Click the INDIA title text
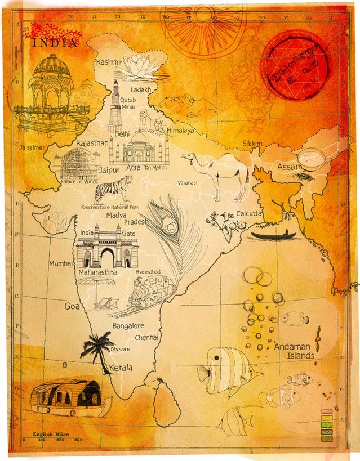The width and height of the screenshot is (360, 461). coord(55,43)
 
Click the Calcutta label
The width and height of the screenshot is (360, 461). coord(248,214)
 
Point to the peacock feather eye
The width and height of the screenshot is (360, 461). coord(168,226)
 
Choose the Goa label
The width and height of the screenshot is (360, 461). coord(72,307)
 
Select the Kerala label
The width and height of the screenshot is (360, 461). coord(120,368)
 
